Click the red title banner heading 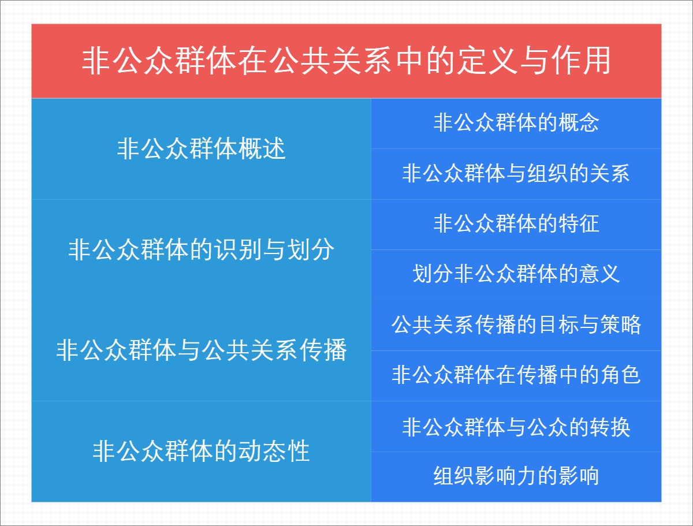(346, 61)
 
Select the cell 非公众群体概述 (201, 149)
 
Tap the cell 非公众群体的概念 (516, 123)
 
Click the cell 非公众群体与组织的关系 (516, 174)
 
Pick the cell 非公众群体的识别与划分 (201, 250)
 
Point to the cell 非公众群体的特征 (516, 224)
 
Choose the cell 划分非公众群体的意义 (516, 274)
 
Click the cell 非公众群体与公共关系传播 (201, 350)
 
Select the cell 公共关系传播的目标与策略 (516, 325)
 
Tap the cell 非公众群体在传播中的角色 (516, 375)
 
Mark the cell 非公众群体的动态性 (201, 451)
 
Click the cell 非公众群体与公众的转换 (516, 427)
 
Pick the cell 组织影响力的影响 (516, 476)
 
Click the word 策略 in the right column (620, 325)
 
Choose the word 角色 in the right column (620, 375)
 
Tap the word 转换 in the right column (609, 427)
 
